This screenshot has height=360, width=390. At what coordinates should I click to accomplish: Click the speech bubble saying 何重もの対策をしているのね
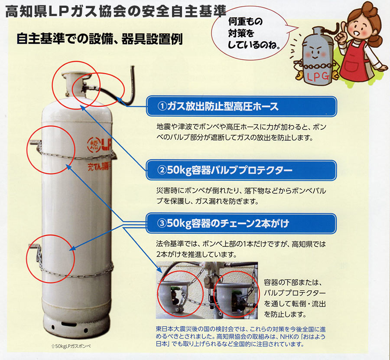coord(251,33)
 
